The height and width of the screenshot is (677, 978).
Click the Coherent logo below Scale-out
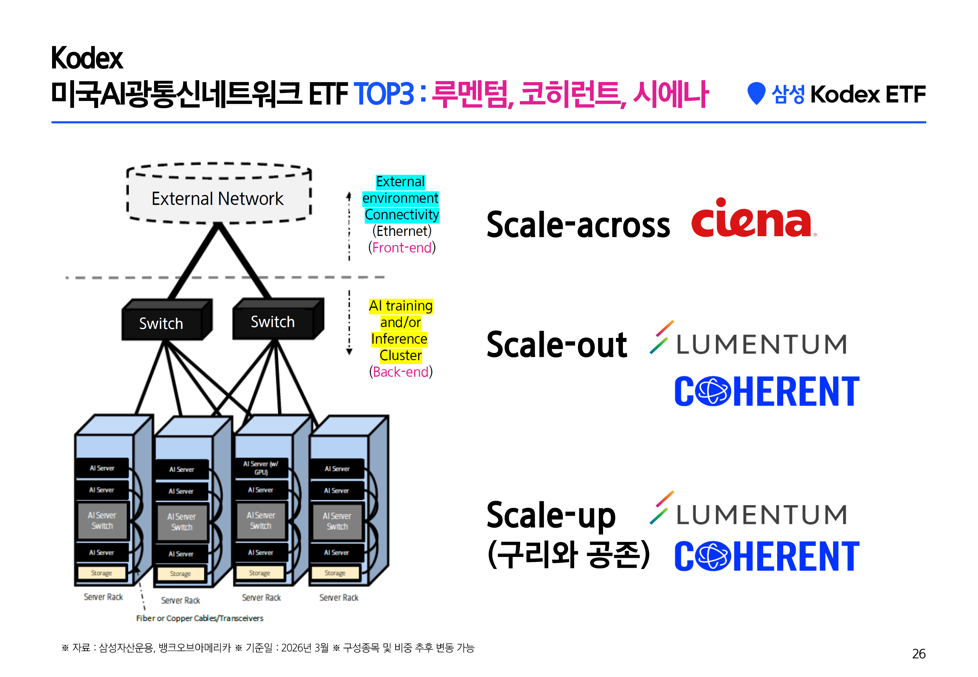(x=766, y=391)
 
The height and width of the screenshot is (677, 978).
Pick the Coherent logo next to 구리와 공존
(x=766, y=556)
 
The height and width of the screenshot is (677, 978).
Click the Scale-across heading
(x=578, y=225)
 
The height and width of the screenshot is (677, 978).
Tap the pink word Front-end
(x=402, y=248)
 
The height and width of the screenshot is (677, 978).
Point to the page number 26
(x=919, y=654)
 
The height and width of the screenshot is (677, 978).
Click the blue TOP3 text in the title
(x=383, y=94)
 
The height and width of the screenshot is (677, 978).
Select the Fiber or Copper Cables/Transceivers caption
(x=199, y=618)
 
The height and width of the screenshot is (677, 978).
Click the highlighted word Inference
(x=399, y=339)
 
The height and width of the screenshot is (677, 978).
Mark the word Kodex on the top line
(x=87, y=58)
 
